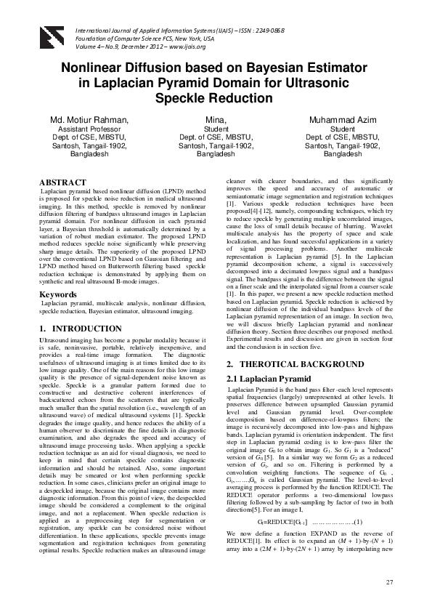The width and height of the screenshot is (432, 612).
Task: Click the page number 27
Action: (x=389, y=582)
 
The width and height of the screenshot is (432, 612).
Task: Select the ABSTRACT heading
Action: (x=62, y=180)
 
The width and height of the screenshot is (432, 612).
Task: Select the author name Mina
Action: (x=216, y=119)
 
